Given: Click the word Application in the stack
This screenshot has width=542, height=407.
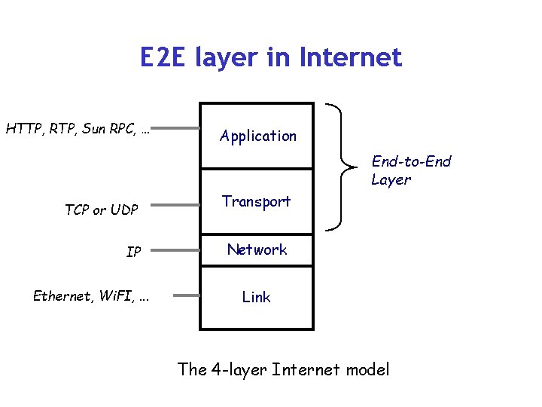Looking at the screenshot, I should (x=258, y=136).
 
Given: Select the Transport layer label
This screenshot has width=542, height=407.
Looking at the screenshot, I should (x=256, y=201).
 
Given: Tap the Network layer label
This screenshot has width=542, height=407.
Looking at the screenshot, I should (x=257, y=249).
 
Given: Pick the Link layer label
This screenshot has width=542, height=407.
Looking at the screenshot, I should (x=256, y=298).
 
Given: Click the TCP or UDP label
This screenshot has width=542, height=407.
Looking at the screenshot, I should (x=101, y=210).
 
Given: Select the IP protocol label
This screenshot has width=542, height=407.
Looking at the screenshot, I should (x=133, y=252).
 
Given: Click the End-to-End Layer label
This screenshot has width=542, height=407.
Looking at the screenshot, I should (x=410, y=170).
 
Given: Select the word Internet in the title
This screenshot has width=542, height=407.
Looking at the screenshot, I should (x=351, y=57).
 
